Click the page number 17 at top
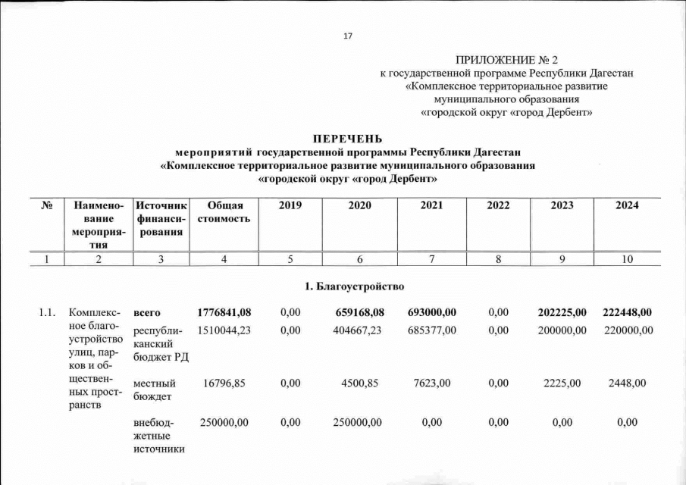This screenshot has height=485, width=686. [x=348, y=36]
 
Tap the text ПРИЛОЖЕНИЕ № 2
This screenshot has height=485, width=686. [x=506, y=60]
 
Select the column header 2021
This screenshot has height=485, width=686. [x=431, y=205]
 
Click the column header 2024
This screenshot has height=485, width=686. [x=627, y=205]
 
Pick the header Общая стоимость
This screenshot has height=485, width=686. [x=224, y=211]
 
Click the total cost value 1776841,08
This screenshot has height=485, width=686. [x=224, y=313]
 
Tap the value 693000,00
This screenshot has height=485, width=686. [x=431, y=313]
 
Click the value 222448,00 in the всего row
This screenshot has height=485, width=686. [x=627, y=313]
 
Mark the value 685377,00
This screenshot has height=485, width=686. [x=431, y=330]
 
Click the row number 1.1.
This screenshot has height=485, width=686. [x=48, y=313]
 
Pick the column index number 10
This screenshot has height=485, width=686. [x=627, y=259]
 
